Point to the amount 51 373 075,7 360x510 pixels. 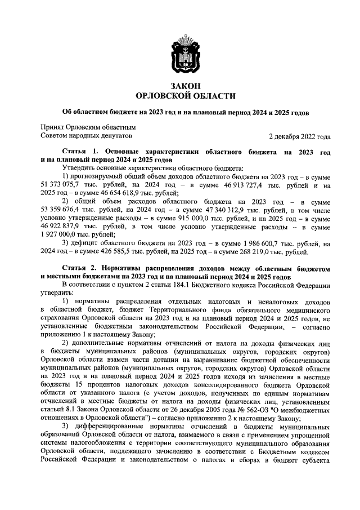coord(63,184)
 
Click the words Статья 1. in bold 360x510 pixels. coord(80,153)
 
